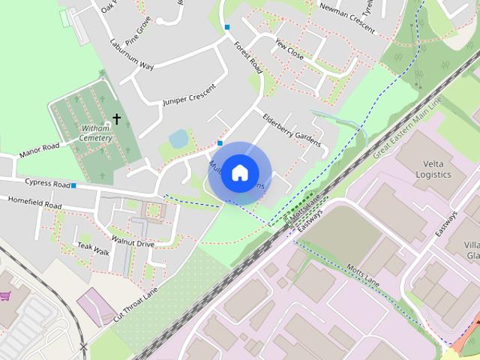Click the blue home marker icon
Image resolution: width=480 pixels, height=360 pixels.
[239, 173]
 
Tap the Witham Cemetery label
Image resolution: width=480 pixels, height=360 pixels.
[96, 133]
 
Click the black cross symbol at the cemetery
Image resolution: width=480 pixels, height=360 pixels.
[116, 119]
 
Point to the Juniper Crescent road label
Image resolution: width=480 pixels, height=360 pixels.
[188, 95]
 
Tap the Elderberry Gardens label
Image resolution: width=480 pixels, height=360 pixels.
[292, 129]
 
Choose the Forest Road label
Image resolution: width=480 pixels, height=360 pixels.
[247, 56]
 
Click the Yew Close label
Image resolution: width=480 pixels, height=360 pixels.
[289, 49]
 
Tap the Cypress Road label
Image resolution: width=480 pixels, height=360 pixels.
[46, 183]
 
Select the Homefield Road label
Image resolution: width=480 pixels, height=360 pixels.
[34, 202]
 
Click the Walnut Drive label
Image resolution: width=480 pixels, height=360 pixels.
[133, 243]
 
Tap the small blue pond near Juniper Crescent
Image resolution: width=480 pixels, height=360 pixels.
[179, 138]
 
